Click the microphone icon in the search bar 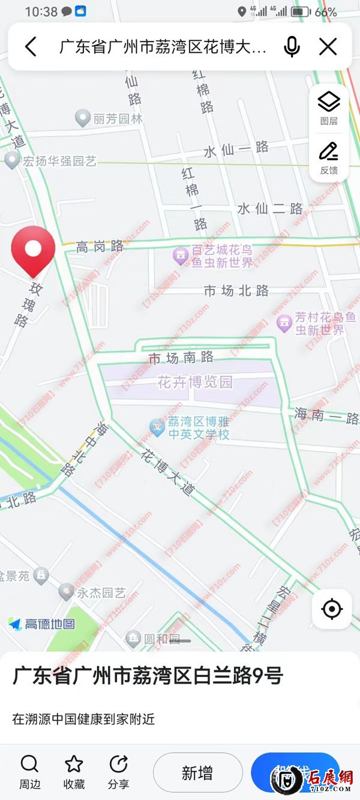tap(292, 47)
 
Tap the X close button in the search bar tap(328, 47)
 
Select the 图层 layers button tap(329, 107)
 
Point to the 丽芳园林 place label tap(118, 119)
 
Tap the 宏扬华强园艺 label tap(59, 161)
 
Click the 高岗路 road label tap(100, 246)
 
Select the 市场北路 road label tap(236, 291)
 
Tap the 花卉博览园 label tap(194, 382)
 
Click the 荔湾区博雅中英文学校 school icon tap(157, 427)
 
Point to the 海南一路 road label tap(326, 416)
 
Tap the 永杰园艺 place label tap(101, 593)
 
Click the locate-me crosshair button tap(331, 610)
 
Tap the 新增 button tap(197, 773)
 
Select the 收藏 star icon tap(74, 765)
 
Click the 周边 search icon tap(29, 765)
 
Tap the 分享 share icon tap(118, 765)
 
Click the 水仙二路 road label tap(270, 209)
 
